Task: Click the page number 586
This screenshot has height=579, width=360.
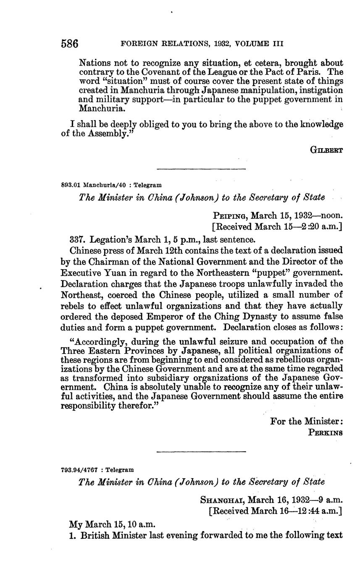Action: coord(70,44)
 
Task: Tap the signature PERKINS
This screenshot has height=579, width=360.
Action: coord(326,432)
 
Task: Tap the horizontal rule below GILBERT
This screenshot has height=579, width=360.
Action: coord(201,169)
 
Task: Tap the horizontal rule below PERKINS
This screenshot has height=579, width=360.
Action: coord(201,452)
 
